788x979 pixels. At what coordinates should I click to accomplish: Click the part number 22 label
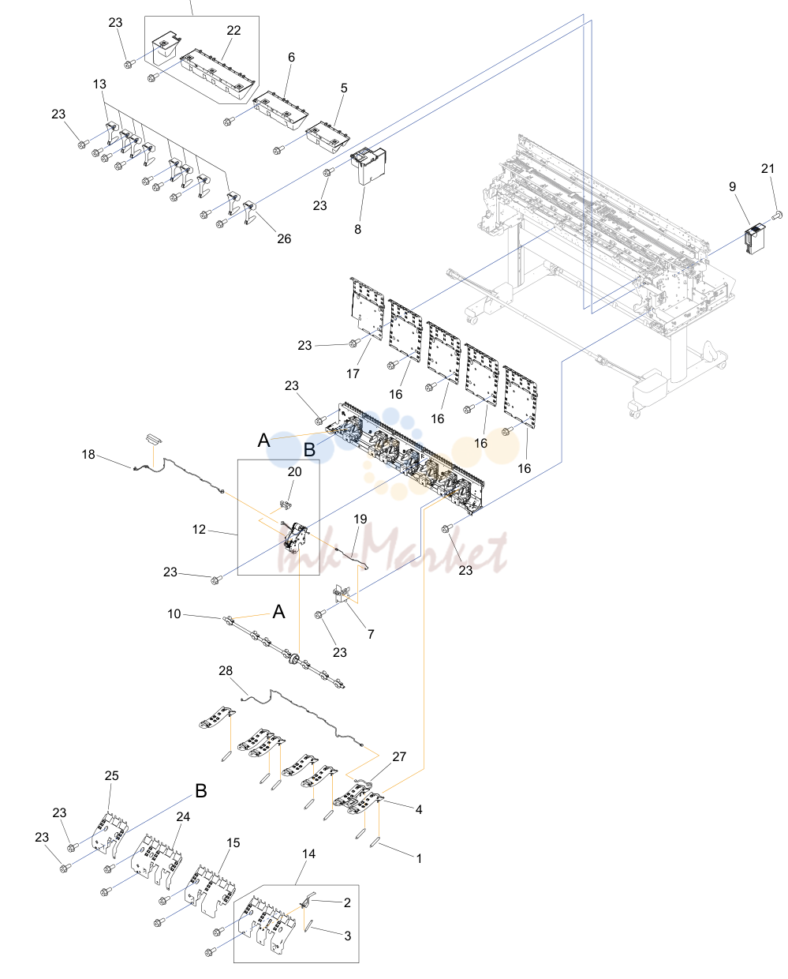point(233,31)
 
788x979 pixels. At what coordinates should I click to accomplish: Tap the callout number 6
point(291,58)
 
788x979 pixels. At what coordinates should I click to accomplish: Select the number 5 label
point(344,88)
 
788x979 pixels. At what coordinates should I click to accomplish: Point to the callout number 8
point(357,229)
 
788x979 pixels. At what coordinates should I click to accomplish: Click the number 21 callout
point(767,169)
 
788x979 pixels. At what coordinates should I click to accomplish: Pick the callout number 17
point(353,373)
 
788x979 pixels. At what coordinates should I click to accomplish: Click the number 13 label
point(99,84)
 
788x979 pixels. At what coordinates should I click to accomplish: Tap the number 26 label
point(284,239)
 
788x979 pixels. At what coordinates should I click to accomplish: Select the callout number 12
point(199,529)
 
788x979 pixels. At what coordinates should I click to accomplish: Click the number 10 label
point(174,613)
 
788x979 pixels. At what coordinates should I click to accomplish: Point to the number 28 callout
point(226,670)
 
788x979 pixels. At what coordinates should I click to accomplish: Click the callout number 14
point(308,854)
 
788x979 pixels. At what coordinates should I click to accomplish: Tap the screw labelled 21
point(777,214)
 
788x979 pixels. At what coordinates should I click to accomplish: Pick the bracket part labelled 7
point(342,595)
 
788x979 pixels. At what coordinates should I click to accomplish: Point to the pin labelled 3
point(308,925)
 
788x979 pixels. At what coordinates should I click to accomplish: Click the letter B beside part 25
point(201,790)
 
